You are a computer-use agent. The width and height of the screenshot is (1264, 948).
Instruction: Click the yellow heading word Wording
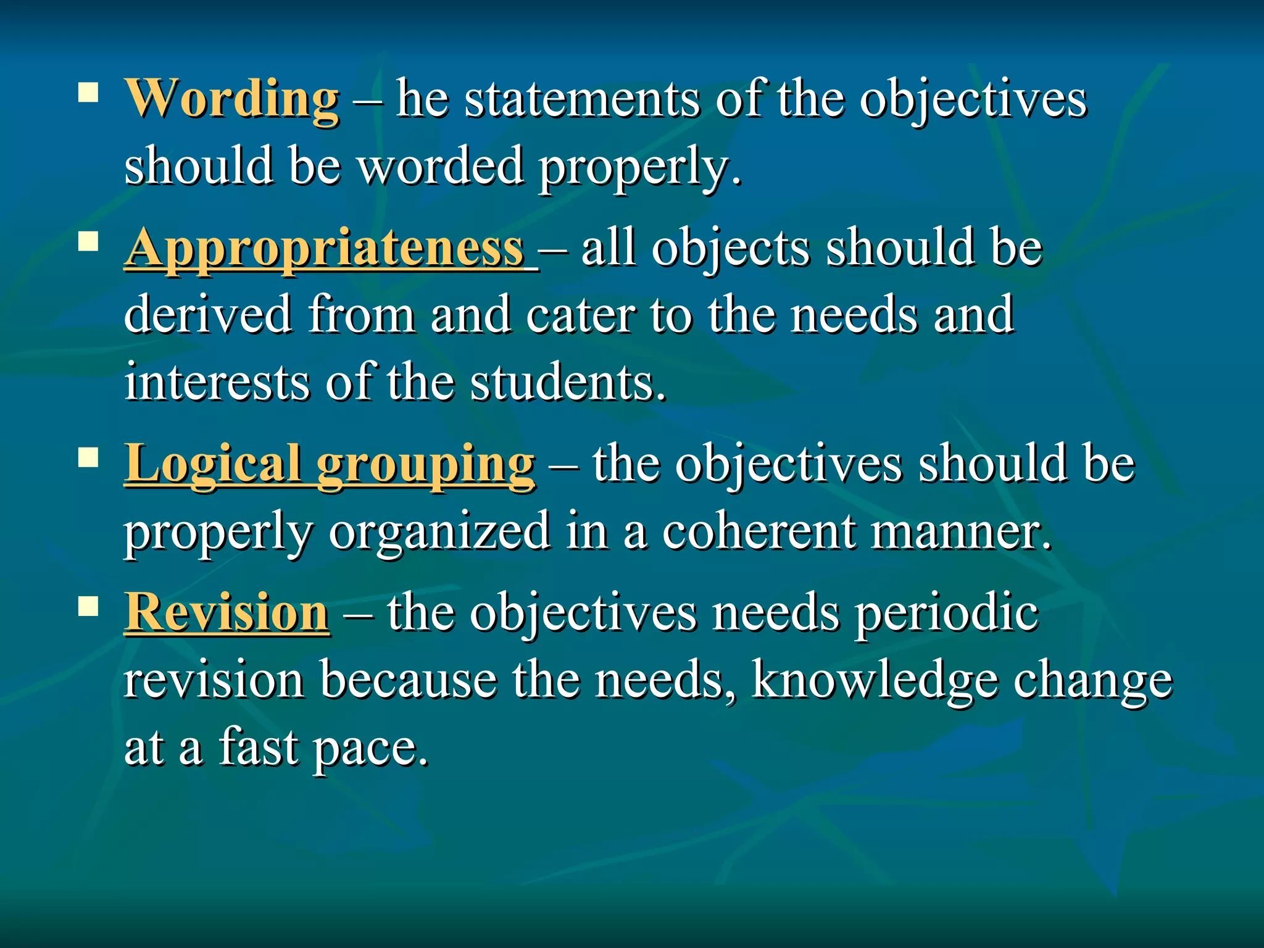point(232,99)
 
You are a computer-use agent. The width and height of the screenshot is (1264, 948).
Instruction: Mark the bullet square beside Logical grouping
point(89,457)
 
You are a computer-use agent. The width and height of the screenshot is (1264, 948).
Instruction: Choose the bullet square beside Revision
point(89,606)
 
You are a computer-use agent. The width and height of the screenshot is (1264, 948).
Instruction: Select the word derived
point(208,314)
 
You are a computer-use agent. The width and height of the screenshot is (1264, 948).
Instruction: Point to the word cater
point(580,314)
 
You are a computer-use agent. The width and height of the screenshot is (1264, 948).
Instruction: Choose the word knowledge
point(875,680)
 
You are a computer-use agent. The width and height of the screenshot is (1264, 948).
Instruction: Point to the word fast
point(257,747)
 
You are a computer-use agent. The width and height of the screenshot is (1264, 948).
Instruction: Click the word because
point(409,680)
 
